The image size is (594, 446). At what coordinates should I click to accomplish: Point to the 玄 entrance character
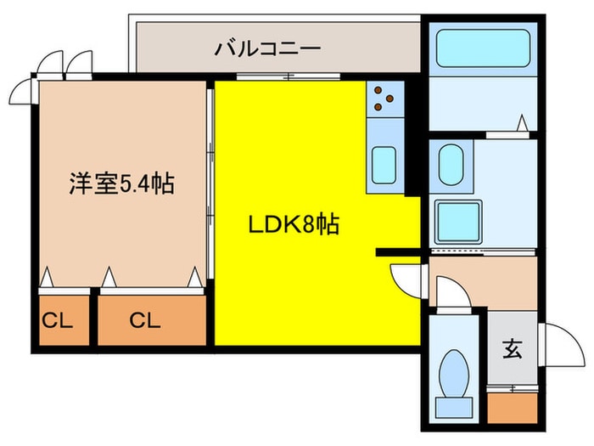tap(513, 348)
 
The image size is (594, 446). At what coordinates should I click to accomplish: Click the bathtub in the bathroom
tap(482, 53)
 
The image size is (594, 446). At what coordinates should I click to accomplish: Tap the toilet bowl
tap(457, 377)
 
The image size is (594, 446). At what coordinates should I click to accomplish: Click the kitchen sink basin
tap(386, 161)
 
